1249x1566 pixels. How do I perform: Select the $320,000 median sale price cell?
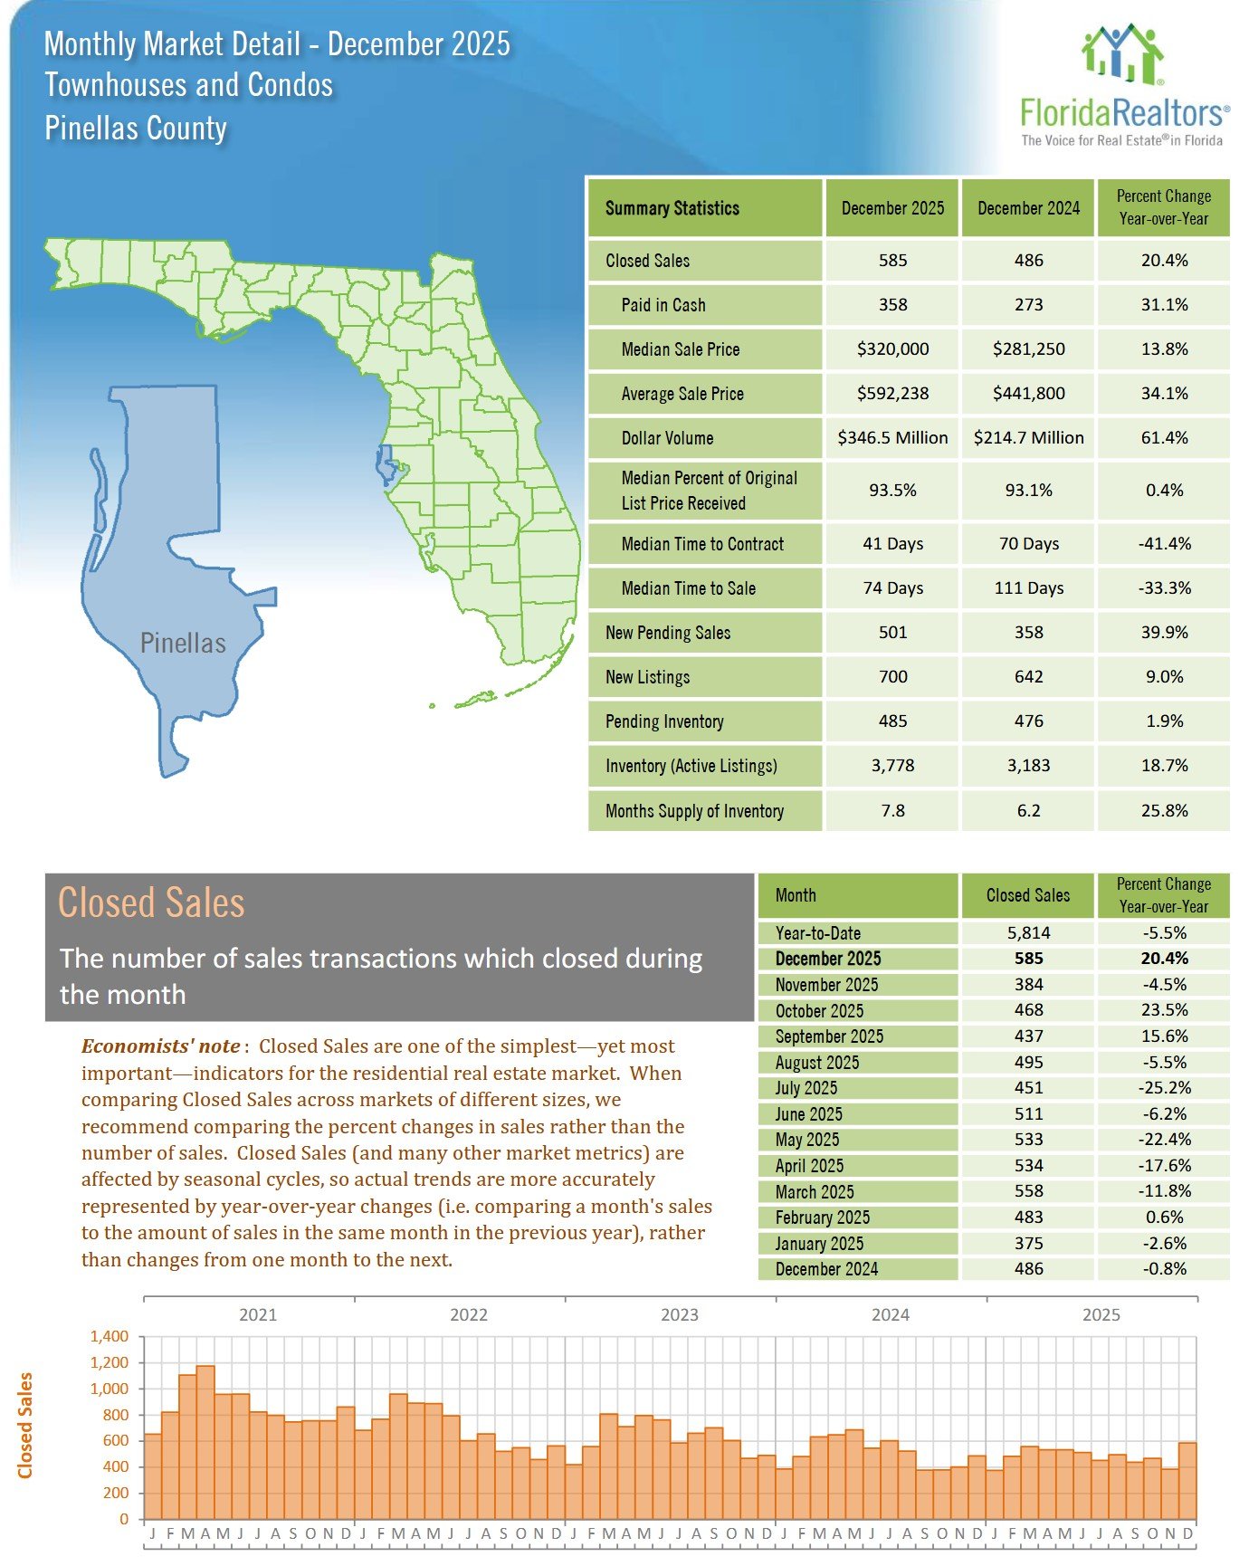click(892, 349)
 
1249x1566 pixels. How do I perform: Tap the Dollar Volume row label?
click(667, 438)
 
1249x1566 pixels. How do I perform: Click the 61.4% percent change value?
click(1164, 438)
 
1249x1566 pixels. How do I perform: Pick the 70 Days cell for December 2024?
click(1028, 544)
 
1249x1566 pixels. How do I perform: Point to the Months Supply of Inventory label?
click(694, 811)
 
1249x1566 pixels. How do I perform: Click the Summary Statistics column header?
click(672, 208)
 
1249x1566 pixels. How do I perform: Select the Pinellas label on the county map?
click(183, 644)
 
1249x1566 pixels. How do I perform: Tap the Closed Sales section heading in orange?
click(151, 903)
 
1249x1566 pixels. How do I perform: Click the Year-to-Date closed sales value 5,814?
click(1028, 933)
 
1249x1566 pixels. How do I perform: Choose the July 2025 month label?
click(806, 1088)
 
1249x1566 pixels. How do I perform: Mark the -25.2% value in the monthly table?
click(1164, 1088)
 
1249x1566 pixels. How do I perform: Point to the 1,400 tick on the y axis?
click(110, 1336)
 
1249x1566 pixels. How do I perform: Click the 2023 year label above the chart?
click(679, 1314)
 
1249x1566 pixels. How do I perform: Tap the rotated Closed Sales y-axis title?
click(25, 1426)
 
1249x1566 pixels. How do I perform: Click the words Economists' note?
click(161, 1046)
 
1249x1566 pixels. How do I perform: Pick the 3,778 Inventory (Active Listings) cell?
click(892, 766)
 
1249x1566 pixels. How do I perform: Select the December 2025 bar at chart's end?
click(1187, 1480)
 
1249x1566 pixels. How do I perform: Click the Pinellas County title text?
click(136, 128)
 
